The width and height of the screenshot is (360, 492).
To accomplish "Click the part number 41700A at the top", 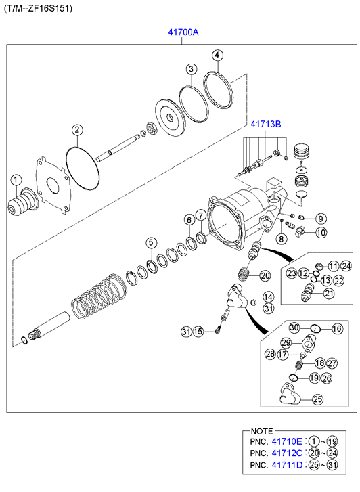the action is coord(183,32).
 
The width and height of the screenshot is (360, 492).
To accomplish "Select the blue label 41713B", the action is coord(265,125).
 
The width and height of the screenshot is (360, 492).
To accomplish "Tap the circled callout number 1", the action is coord(16,180).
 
